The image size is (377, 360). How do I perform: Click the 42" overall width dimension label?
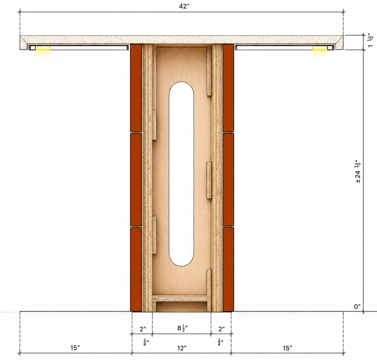click(x=184, y=6)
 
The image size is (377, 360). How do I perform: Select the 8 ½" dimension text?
click(x=182, y=328)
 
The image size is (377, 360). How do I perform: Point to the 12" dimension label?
click(x=182, y=348)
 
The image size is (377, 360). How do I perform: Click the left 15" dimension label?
click(x=75, y=348)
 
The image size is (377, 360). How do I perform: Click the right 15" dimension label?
click(x=287, y=348)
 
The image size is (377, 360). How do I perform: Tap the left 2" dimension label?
click(x=143, y=329)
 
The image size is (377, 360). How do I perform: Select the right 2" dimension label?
click(x=221, y=329)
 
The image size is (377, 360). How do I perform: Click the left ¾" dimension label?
click(x=146, y=342)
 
